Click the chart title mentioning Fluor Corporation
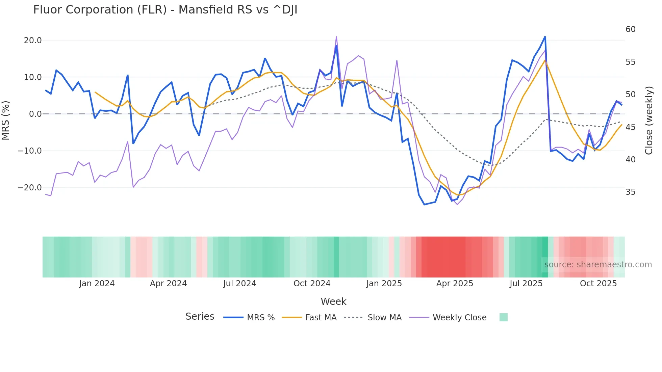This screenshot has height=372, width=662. click(x=165, y=10)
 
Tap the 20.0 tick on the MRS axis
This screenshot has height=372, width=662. click(x=32, y=41)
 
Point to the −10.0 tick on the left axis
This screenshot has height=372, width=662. click(x=30, y=151)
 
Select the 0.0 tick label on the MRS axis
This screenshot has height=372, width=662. click(x=35, y=114)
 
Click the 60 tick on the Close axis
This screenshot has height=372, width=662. click(x=630, y=29)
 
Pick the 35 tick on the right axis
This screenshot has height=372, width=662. click(x=630, y=192)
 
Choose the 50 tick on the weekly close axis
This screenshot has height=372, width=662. click(x=630, y=95)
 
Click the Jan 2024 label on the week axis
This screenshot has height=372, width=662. click(x=97, y=284)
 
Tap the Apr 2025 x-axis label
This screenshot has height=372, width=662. click(x=455, y=284)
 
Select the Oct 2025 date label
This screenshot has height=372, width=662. click(x=598, y=284)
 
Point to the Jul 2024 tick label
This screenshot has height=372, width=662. click(x=240, y=284)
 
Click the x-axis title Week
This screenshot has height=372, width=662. click(x=333, y=301)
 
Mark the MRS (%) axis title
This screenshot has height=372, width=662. click(x=6, y=120)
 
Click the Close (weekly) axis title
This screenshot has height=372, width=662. click(x=649, y=121)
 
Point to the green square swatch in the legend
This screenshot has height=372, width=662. click(x=503, y=317)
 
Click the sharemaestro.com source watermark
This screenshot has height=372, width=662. click(x=598, y=265)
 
